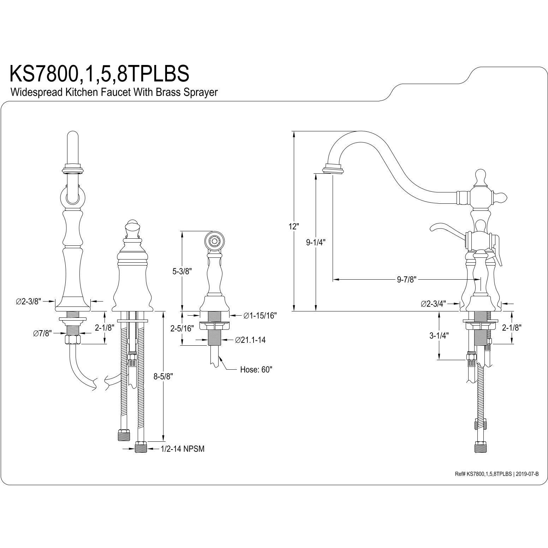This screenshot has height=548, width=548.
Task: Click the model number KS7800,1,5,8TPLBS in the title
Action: tap(99, 73)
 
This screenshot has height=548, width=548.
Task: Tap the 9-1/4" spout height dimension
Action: tap(315, 242)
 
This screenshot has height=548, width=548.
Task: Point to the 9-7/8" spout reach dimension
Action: tap(407, 280)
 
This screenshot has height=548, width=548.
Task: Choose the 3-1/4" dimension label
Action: tap(438, 336)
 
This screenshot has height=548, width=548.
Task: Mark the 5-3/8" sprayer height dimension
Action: tap(182, 271)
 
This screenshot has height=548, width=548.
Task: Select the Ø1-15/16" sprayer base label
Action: tap(260, 315)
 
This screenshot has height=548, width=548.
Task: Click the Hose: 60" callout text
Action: tap(256, 370)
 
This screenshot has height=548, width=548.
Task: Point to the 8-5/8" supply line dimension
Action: tap(163, 377)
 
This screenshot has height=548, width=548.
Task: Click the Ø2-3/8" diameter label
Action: tap(29, 301)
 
